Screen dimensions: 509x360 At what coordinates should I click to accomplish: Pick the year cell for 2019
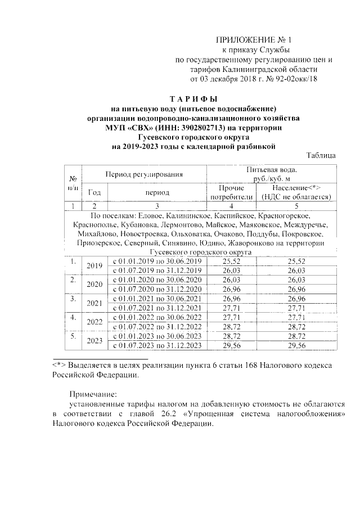click(x=94, y=265)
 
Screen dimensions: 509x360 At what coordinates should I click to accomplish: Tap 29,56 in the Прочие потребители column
click(x=230, y=345)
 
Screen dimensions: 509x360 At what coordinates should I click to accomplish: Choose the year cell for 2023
click(x=94, y=340)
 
